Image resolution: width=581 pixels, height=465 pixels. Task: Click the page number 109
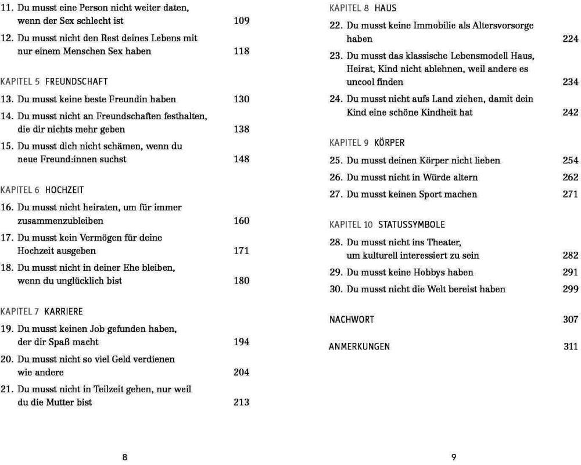click(241, 22)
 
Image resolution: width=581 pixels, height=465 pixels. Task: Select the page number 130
click(241, 99)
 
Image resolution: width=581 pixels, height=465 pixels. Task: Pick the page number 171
click(241, 251)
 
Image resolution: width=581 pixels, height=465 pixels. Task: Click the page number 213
click(241, 402)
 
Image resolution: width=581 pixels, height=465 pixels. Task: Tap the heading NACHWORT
click(352, 319)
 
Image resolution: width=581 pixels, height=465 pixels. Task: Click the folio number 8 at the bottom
click(124, 457)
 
